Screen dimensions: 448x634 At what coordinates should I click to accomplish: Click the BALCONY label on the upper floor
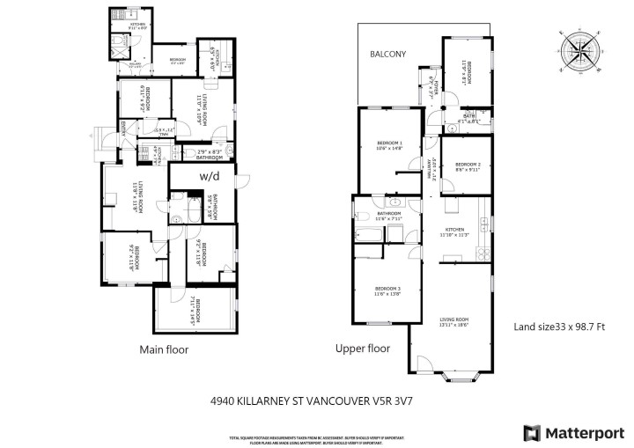387,54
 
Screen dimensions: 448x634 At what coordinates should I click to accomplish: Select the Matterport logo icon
533,432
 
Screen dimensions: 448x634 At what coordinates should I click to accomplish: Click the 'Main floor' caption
164,349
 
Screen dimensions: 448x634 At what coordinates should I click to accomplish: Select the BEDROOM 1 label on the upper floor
389,145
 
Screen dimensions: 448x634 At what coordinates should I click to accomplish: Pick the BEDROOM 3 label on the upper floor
388,291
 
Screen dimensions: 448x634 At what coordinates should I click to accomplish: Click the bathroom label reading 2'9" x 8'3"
214,152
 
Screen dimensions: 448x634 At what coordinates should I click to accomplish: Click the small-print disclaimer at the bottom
318,437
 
